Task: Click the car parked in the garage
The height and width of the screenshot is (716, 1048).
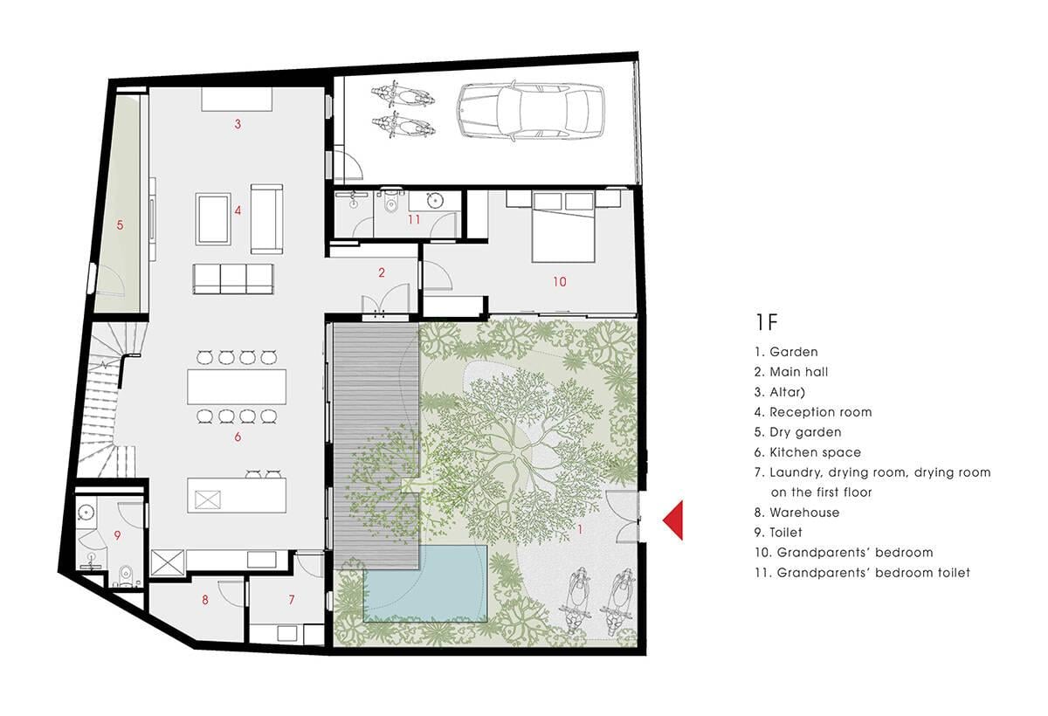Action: point(531,111)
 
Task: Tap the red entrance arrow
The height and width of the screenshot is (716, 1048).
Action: point(675,520)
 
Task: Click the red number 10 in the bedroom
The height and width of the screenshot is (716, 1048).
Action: point(560,281)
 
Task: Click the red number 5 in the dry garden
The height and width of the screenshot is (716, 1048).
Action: point(121,225)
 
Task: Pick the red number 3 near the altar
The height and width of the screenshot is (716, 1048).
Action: point(238,124)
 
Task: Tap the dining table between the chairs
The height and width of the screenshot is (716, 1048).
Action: point(237,387)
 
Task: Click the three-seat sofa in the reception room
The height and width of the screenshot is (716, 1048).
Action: point(233,279)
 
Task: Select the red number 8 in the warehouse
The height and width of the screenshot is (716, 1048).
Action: point(205,600)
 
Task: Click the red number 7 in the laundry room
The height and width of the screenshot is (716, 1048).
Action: point(292,600)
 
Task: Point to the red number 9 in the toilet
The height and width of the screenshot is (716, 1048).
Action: point(117,535)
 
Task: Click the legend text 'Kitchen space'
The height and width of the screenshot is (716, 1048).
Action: point(815,452)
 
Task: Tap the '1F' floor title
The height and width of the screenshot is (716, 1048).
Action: point(767,322)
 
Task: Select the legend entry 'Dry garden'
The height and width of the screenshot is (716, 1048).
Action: point(805,432)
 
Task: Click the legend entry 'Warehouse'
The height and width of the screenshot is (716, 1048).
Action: point(804,513)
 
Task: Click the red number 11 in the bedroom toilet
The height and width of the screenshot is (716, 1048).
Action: point(414,219)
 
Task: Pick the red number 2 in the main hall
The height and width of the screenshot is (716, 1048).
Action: point(382,272)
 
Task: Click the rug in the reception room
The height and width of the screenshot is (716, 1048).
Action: point(213,219)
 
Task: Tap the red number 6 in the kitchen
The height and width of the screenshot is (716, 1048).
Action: point(238,437)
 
